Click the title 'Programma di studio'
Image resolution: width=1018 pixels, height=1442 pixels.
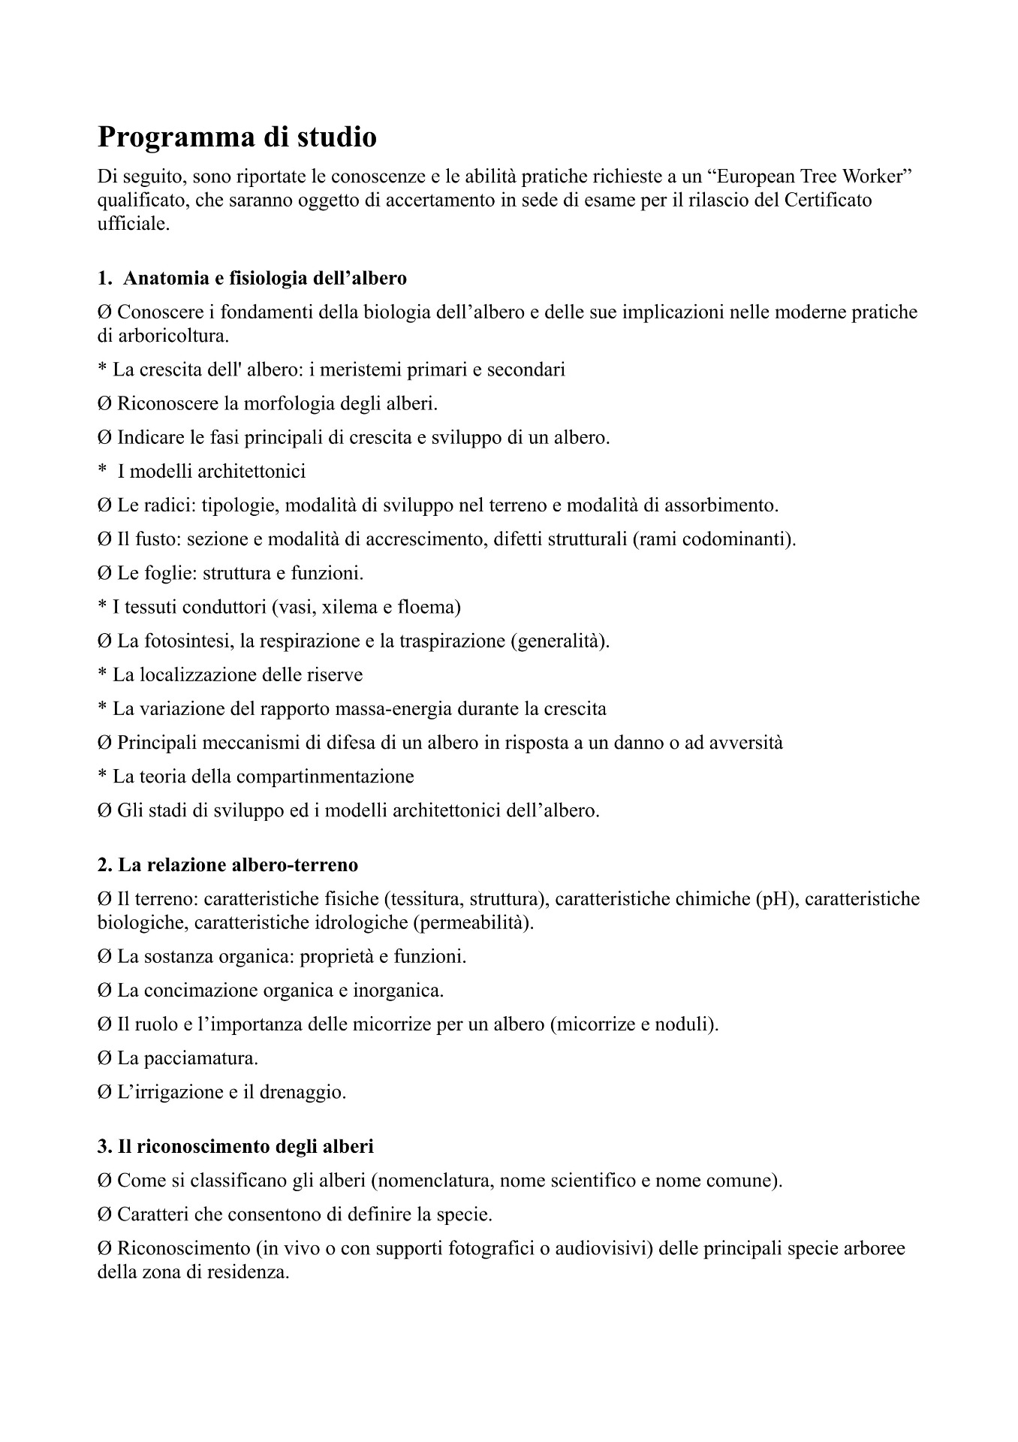click(x=237, y=137)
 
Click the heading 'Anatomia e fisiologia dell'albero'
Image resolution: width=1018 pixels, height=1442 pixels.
click(x=264, y=279)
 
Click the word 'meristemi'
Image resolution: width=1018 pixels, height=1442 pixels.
click(x=356, y=370)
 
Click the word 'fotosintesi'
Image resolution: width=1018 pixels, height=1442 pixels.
click(x=180, y=641)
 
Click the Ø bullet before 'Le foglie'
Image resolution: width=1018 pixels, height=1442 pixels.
click(x=104, y=574)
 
